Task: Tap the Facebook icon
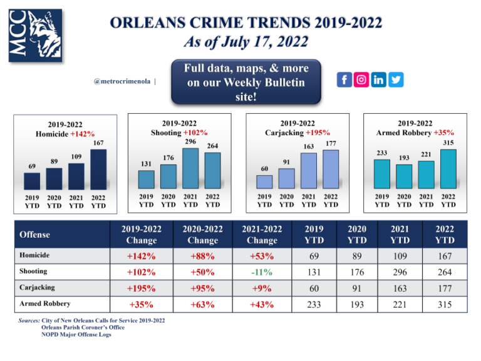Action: click(344, 80)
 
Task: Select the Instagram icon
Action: click(361, 80)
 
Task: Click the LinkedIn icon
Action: click(379, 80)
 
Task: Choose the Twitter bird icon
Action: click(396, 80)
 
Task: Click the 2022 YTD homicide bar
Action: click(98, 170)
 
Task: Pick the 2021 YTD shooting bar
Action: click(191, 168)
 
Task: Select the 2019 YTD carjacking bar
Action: click(265, 181)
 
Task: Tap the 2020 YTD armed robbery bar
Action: click(404, 176)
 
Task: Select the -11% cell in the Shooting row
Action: click(262, 272)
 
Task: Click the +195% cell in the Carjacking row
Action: click(142, 288)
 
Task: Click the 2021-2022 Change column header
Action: click(262, 235)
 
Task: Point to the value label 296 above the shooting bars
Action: click(191, 142)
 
